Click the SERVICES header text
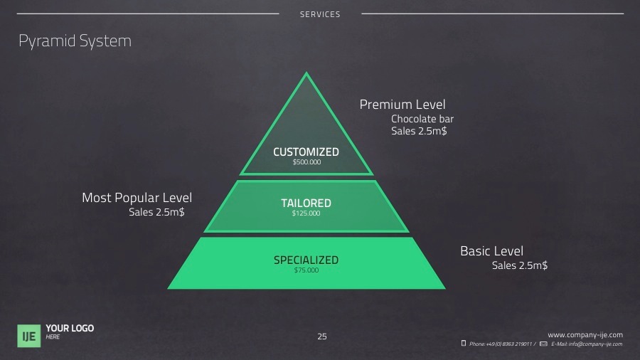pos(320,14)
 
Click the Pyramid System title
pos(75,41)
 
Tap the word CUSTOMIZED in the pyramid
pos(306,152)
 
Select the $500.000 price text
pos(306,162)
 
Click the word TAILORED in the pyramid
pos(306,203)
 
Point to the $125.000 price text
pos(306,213)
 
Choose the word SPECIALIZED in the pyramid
pos(306,260)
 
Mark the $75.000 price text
pos(306,270)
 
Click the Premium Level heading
pos(402,105)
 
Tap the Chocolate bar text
pos(422,119)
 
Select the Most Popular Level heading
pos(137,198)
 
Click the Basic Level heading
pos(491,251)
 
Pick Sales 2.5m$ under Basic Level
pos(520,265)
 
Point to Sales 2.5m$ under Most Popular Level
pos(156,212)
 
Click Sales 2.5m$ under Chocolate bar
pos(419,131)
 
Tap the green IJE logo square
pos(29,335)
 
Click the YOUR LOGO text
pos(70,328)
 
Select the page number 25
pos(322,337)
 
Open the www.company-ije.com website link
pos(585,334)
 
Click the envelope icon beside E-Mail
pos(543,344)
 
